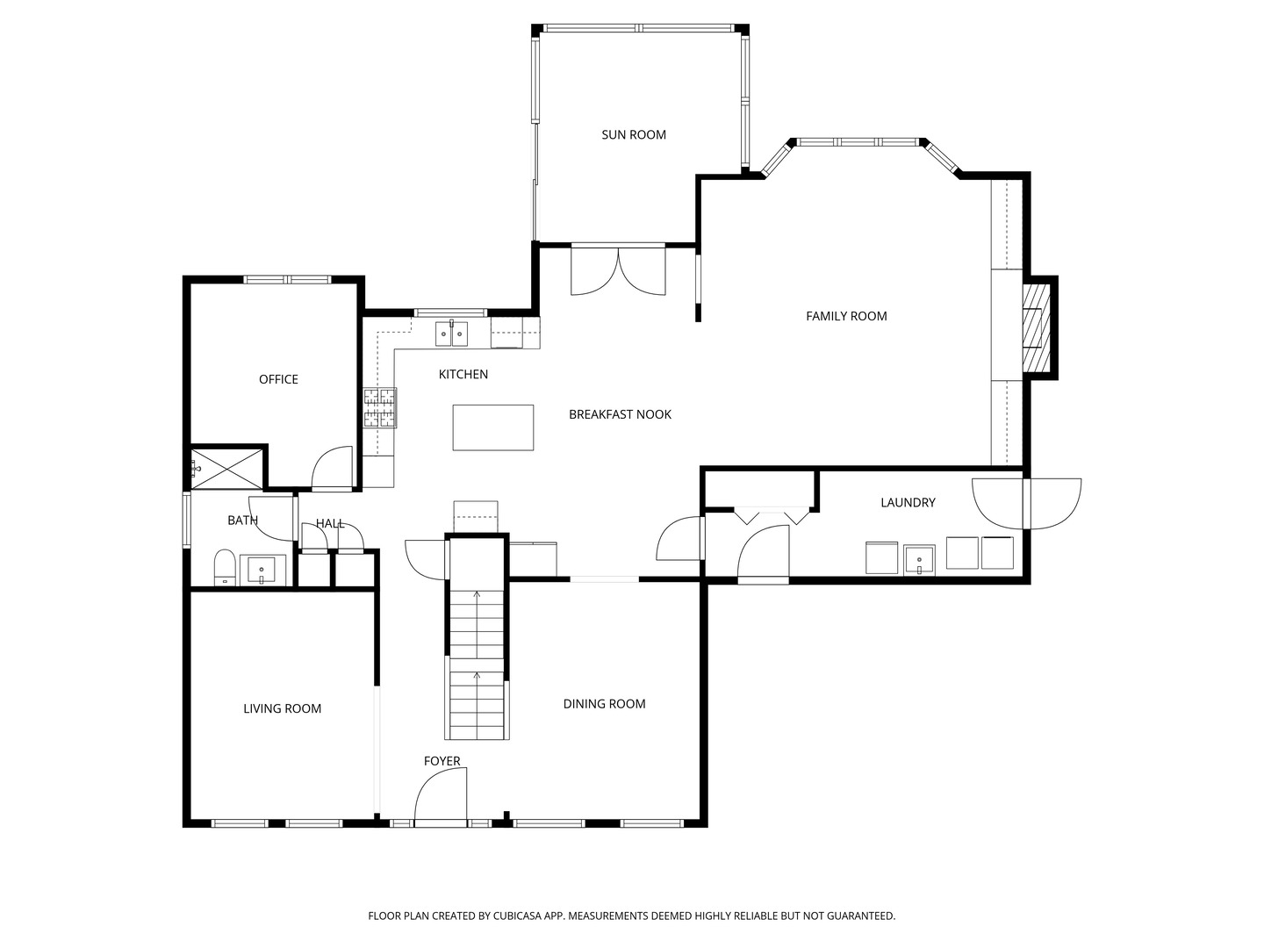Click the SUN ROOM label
pyautogui.click(x=633, y=134)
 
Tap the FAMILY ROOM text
pyautogui.click(x=846, y=316)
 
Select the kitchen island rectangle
pyautogui.click(x=492, y=427)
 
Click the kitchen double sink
pyautogui.click(x=452, y=334)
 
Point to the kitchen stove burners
pyautogui.click(x=380, y=408)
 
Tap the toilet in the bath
pyautogui.click(x=225, y=567)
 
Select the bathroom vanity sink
pyautogui.click(x=262, y=571)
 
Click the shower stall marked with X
pyautogui.click(x=227, y=467)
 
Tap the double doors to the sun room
pyautogui.click(x=618, y=270)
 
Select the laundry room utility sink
pyautogui.click(x=919, y=559)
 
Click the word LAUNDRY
pyautogui.click(x=908, y=502)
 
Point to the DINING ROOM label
pyautogui.click(x=604, y=704)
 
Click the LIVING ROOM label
pyautogui.click(x=282, y=708)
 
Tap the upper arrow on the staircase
pyautogui.click(x=477, y=595)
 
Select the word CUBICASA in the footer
pyautogui.click(x=516, y=916)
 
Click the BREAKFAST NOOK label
pyautogui.click(x=620, y=414)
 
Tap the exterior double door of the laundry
pyautogui.click(x=1026, y=503)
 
